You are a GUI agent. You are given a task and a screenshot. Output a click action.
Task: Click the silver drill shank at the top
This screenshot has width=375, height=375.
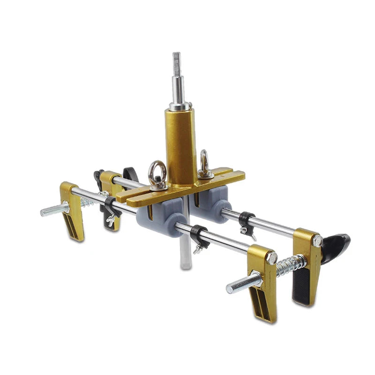click(178, 80)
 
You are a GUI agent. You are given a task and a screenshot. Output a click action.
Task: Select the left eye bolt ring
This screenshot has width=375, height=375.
click(158, 174)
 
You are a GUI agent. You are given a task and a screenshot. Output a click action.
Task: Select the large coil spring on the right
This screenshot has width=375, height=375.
click(291, 265)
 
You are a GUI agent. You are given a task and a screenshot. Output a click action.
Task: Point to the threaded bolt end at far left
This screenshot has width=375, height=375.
click(54, 210)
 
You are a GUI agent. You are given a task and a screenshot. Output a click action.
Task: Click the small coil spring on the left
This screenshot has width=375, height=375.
click(87, 202)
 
